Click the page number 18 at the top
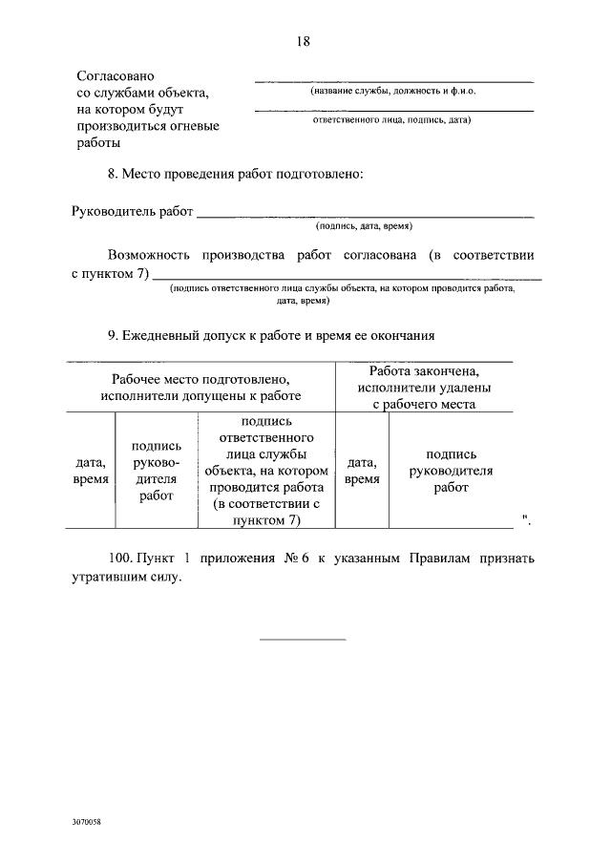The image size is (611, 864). pos(305,41)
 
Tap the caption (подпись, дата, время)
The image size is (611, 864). pos(364,228)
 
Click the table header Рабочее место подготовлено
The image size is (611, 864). pos(200,378)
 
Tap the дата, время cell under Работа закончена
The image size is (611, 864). pos(362,471)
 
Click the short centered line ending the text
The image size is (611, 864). pos(304,639)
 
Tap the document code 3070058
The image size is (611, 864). pos(86,821)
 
